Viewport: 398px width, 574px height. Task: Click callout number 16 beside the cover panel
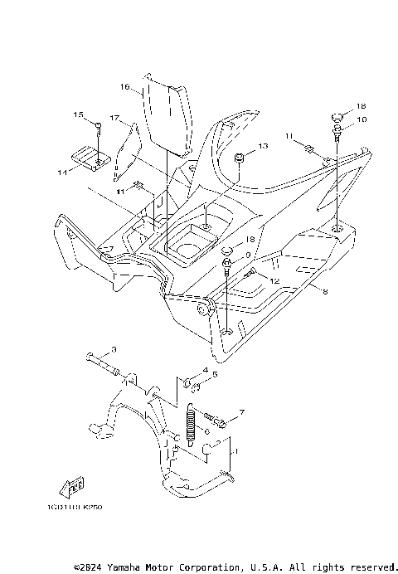tap(124, 86)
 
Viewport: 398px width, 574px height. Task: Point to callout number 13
tap(263, 146)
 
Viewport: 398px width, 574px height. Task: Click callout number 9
tap(247, 255)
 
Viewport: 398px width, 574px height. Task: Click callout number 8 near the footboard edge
tap(324, 292)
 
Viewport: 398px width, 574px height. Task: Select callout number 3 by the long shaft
tap(114, 349)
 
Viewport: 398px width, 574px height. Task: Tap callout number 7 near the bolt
tap(241, 412)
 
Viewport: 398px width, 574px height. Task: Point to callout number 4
tap(204, 370)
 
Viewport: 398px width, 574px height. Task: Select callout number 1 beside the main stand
tap(237, 452)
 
